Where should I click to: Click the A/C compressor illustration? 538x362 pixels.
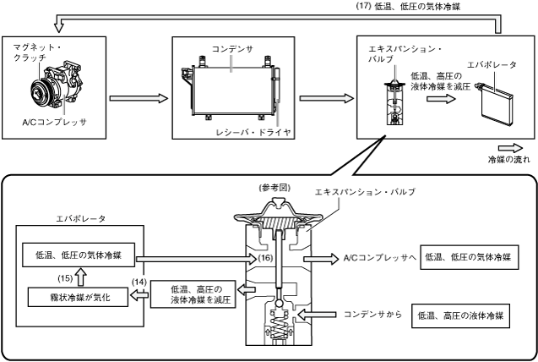pyautogui.click(x=57, y=85)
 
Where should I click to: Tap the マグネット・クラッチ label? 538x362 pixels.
pyautogui.click(x=37, y=52)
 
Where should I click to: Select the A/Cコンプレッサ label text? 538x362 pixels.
pyautogui.click(x=54, y=122)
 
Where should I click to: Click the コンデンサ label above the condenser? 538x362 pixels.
pyautogui.click(x=232, y=49)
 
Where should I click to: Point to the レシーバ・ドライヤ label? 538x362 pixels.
pyautogui.click(x=253, y=132)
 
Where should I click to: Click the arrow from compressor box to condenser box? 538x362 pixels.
pyautogui.click(x=139, y=99)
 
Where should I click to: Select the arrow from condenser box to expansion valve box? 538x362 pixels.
pyautogui.click(x=326, y=99)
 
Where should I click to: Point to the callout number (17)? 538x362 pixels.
pyautogui.click(x=364, y=7)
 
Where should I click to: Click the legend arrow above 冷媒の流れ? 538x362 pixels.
pyautogui.click(x=510, y=148)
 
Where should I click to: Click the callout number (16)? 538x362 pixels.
pyautogui.click(x=265, y=258)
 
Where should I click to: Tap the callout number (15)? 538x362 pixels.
pyautogui.click(x=65, y=278)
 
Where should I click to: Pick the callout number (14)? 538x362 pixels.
pyautogui.click(x=139, y=282)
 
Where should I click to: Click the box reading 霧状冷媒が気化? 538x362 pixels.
pyautogui.click(x=78, y=298)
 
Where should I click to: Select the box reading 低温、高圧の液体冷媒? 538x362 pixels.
pyautogui.click(x=460, y=315)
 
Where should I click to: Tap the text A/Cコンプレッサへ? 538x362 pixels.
pyautogui.click(x=380, y=258)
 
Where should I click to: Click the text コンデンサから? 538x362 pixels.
pyautogui.click(x=372, y=315)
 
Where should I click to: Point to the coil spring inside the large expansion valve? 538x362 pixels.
pyautogui.click(x=278, y=326)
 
